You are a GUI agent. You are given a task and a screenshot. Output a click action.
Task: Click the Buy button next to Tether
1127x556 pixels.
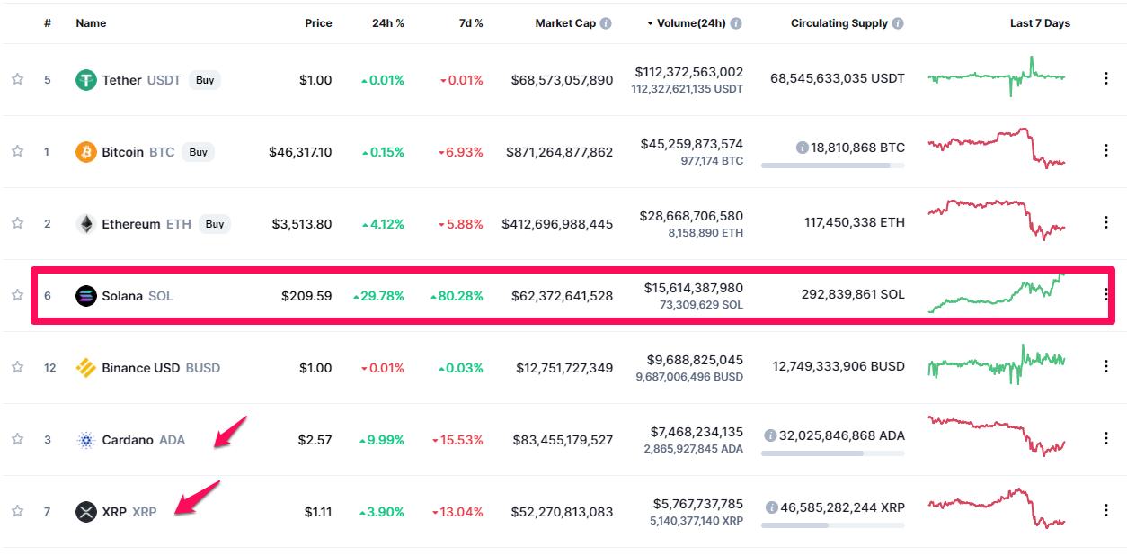205,80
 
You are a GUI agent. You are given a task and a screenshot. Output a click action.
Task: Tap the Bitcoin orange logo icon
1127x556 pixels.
86,152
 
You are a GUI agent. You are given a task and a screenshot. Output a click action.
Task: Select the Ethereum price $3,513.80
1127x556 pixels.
302,224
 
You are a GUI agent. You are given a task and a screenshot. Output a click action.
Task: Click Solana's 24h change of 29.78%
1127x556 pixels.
378,296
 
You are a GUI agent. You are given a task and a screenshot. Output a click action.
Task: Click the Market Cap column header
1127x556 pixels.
565,23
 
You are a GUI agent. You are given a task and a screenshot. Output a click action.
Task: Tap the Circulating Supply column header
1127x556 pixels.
839,23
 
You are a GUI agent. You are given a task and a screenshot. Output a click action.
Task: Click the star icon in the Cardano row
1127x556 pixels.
17,439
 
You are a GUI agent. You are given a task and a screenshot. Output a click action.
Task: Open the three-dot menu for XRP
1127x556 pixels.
1106,510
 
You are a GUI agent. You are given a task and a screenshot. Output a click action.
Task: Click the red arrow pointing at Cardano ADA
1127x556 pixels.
230,431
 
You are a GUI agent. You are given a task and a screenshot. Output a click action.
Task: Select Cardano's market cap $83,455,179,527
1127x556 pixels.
562,440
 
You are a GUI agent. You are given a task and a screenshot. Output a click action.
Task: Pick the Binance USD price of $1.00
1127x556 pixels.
315,368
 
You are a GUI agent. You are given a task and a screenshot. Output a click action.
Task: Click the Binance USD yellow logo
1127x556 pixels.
86,368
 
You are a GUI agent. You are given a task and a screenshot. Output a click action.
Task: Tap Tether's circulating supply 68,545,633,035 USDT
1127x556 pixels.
838,79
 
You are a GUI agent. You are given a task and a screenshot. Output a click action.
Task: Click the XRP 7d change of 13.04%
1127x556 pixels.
461,512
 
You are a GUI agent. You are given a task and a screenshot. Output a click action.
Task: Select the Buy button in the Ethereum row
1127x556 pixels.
214,224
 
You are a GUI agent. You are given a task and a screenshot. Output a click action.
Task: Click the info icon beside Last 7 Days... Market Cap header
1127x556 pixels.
606,23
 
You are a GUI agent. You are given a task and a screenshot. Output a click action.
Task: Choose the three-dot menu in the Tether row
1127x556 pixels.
1106,78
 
